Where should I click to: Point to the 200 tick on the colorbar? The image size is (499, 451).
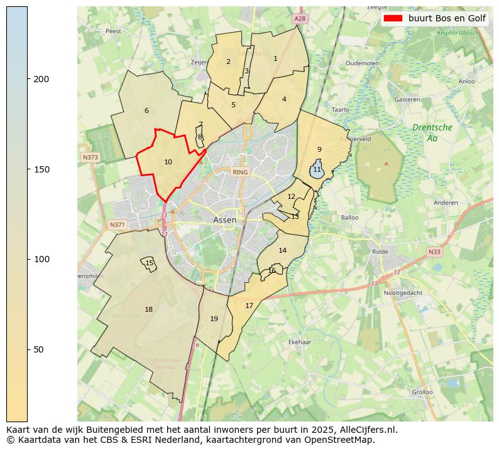(28, 79)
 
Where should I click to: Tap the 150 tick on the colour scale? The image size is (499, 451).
(28, 169)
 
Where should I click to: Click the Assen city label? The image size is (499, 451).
(224, 220)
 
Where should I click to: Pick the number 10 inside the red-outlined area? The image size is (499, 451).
(168, 162)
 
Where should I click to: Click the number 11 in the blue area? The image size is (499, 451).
(317, 170)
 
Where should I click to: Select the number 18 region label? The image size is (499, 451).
(148, 309)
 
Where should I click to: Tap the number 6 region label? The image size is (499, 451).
(146, 110)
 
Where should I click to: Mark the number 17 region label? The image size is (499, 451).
(249, 305)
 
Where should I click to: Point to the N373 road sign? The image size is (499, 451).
(90, 157)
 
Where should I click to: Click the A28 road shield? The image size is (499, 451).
(300, 19)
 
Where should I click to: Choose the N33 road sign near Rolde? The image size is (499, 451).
(434, 252)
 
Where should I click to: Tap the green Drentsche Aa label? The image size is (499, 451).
(432, 132)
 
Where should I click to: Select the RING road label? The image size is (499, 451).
(240, 172)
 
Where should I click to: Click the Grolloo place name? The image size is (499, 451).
(422, 392)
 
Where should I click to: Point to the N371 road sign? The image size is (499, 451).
(118, 225)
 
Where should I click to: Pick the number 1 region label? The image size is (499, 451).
(275, 58)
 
